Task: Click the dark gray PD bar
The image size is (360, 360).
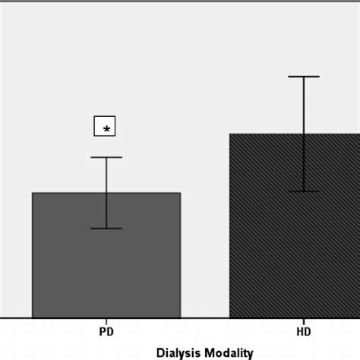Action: tap(106, 266)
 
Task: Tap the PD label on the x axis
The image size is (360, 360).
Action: tap(106, 332)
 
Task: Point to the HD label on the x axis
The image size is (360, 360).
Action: tap(304, 332)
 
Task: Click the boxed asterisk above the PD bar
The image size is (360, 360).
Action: tap(105, 127)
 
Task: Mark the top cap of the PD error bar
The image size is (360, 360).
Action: tap(106, 157)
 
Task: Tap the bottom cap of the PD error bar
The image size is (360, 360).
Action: tap(106, 228)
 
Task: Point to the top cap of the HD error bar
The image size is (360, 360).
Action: tap(304, 77)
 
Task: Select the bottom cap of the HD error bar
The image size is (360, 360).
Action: tap(304, 191)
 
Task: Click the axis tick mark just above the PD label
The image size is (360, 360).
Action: tap(106, 321)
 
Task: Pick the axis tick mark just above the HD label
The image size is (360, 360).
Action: tap(304, 321)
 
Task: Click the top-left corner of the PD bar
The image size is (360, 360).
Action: tap(33, 193)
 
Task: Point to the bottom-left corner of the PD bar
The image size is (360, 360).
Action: tap(33, 317)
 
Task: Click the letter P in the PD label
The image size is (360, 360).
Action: tap(103, 332)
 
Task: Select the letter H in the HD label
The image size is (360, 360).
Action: tap(300, 332)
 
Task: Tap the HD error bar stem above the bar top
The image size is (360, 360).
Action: tap(304, 106)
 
